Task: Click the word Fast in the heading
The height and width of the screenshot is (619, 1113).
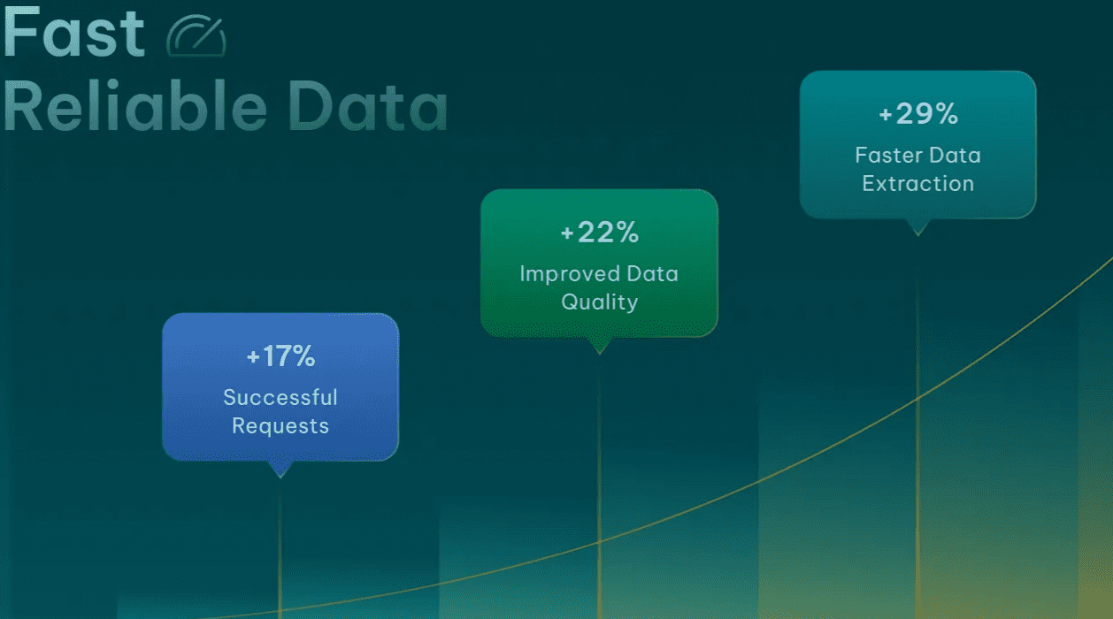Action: [73, 32]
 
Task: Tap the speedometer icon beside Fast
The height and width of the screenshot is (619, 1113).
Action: [196, 35]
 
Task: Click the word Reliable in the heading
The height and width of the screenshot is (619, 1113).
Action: [135, 106]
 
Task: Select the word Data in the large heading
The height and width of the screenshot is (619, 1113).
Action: [368, 106]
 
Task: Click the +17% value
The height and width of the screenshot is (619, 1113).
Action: [280, 356]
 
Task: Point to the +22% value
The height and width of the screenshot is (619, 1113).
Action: [599, 232]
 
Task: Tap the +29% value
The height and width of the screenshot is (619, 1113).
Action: [918, 113]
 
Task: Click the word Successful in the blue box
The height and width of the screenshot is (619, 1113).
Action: [280, 397]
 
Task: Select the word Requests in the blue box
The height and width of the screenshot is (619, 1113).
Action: [280, 426]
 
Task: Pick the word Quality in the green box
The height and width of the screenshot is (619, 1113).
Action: [600, 302]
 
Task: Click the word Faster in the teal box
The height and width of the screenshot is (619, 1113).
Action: [889, 155]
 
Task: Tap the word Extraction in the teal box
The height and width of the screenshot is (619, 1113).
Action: [918, 184]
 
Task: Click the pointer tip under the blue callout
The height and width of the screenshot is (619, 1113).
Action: [280, 477]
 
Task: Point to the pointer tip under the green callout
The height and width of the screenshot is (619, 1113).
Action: [599, 353]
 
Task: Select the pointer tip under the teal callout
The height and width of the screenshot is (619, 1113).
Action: [917, 234]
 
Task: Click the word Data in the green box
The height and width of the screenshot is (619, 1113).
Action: [652, 274]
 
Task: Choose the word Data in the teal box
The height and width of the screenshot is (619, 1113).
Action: [955, 155]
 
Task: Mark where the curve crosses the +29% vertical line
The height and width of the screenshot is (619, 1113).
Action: [917, 400]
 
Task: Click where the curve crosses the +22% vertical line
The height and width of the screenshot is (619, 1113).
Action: [599, 542]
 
